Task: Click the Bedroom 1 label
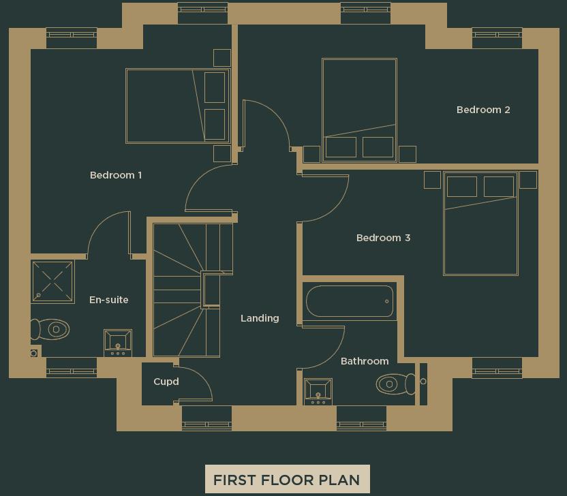pyautogui.click(x=116, y=175)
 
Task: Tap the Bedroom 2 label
pyautogui.click(x=483, y=110)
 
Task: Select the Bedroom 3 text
pyautogui.click(x=383, y=238)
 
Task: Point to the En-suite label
pyautogui.click(x=108, y=300)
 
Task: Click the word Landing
pyautogui.click(x=260, y=318)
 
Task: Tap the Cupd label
pyautogui.click(x=166, y=382)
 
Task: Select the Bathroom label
pyautogui.click(x=365, y=361)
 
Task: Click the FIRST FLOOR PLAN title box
pyautogui.click(x=287, y=479)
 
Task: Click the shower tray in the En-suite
pyautogui.click(x=52, y=281)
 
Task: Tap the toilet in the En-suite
pyautogui.click(x=52, y=330)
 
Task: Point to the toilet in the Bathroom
pyautogui.click(x=394, y=384)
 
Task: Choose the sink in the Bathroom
pyautogui.click(x=318, y=391)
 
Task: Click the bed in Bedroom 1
pyautogui.click(x=177, y=106)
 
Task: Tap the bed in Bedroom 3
pyautogui.click(x=480, y=223)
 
